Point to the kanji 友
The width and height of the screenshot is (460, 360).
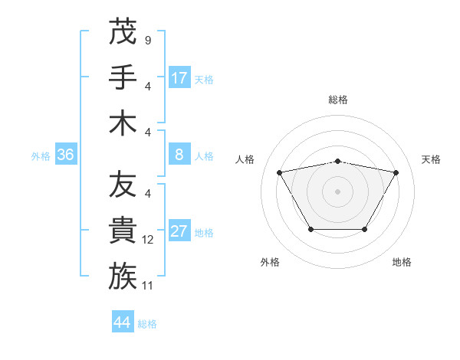123,185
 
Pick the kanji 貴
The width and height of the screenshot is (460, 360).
123,230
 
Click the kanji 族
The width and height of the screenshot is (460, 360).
123,276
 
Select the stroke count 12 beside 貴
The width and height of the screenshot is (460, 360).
148,240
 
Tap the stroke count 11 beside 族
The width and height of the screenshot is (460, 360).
148,286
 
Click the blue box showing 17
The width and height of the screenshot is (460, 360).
179,78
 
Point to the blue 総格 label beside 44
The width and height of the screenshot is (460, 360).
147,324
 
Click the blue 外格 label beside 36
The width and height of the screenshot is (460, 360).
41,156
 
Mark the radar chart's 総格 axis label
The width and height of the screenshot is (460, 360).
337,100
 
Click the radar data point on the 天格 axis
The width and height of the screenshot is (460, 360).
396,172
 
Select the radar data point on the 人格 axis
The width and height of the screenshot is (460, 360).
279,172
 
